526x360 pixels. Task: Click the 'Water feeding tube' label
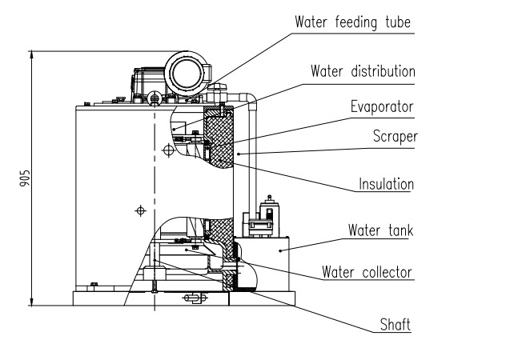point(353,22)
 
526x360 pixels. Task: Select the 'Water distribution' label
point(363,70)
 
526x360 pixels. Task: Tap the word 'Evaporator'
point(381,106)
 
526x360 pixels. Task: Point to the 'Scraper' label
point(394,136)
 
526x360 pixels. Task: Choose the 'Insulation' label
point(385,185)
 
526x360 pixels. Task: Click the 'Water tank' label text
point(379,231)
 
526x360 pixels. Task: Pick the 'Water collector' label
point(367,272)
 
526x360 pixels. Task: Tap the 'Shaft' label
point(396,325)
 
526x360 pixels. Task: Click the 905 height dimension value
point(24,178)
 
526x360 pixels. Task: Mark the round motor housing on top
point(187,74)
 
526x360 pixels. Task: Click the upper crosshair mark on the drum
point(167,150)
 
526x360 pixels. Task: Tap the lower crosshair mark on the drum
point(141,210)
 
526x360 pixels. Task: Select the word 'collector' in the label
point(386,272)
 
